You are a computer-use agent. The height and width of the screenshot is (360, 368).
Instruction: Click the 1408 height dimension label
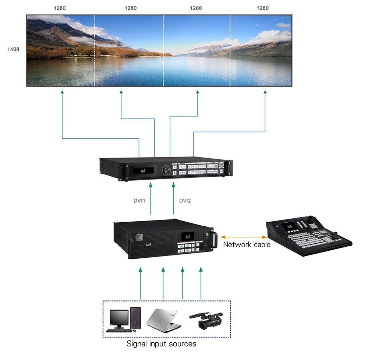click(x=13, y=49)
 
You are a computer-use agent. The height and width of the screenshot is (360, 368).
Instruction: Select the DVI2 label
click(x=185, y=201)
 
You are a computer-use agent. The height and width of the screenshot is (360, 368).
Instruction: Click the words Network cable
click(x=247, y=244)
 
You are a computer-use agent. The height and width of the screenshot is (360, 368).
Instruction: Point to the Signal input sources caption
click(x=161, y=344)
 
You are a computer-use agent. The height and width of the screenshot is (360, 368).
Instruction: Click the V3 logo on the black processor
click(x=149, y=244)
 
